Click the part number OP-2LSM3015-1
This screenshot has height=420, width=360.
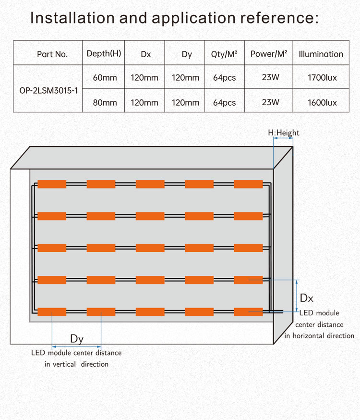coord(47,90)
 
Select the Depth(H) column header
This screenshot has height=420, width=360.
coord(104,53)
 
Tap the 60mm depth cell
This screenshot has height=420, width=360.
coord(105,77)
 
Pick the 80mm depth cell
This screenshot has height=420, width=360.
coord(105,102)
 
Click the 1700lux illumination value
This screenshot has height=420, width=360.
coord(321,77)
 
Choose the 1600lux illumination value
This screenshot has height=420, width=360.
coord(321,102)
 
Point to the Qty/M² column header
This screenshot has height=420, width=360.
coord(224,54)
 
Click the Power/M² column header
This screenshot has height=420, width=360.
coord(269,54)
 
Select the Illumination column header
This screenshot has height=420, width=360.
coord(321,54)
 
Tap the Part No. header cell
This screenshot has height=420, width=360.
coord(52,54)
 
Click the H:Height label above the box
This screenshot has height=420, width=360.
coord(283,133)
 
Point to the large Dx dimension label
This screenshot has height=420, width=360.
coord(306,298)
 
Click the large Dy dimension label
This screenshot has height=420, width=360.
coord(77,339)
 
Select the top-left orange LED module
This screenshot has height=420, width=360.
coord(52,184)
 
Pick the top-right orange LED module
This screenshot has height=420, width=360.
coord(248,184)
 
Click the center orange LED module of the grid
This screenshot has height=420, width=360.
coord(150,248)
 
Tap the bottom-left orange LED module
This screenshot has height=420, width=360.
coord(52,312)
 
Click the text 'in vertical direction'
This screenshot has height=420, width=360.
coord(77,364)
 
